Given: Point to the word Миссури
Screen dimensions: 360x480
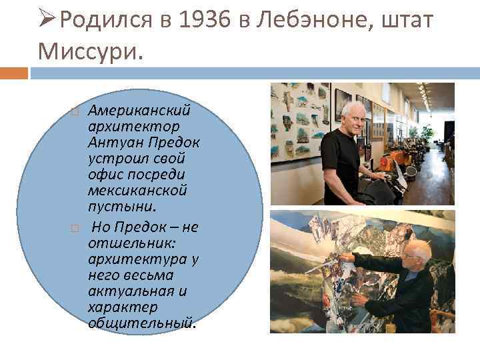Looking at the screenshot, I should (x=90, y=51).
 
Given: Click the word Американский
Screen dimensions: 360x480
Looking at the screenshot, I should (x=139, y=109).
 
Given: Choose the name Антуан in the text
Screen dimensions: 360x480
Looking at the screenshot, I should (x=110, y=143).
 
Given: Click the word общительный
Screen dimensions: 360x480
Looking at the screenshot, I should (x=141, y=323).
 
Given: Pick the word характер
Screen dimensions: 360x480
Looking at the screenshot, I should (x=122, y=307).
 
